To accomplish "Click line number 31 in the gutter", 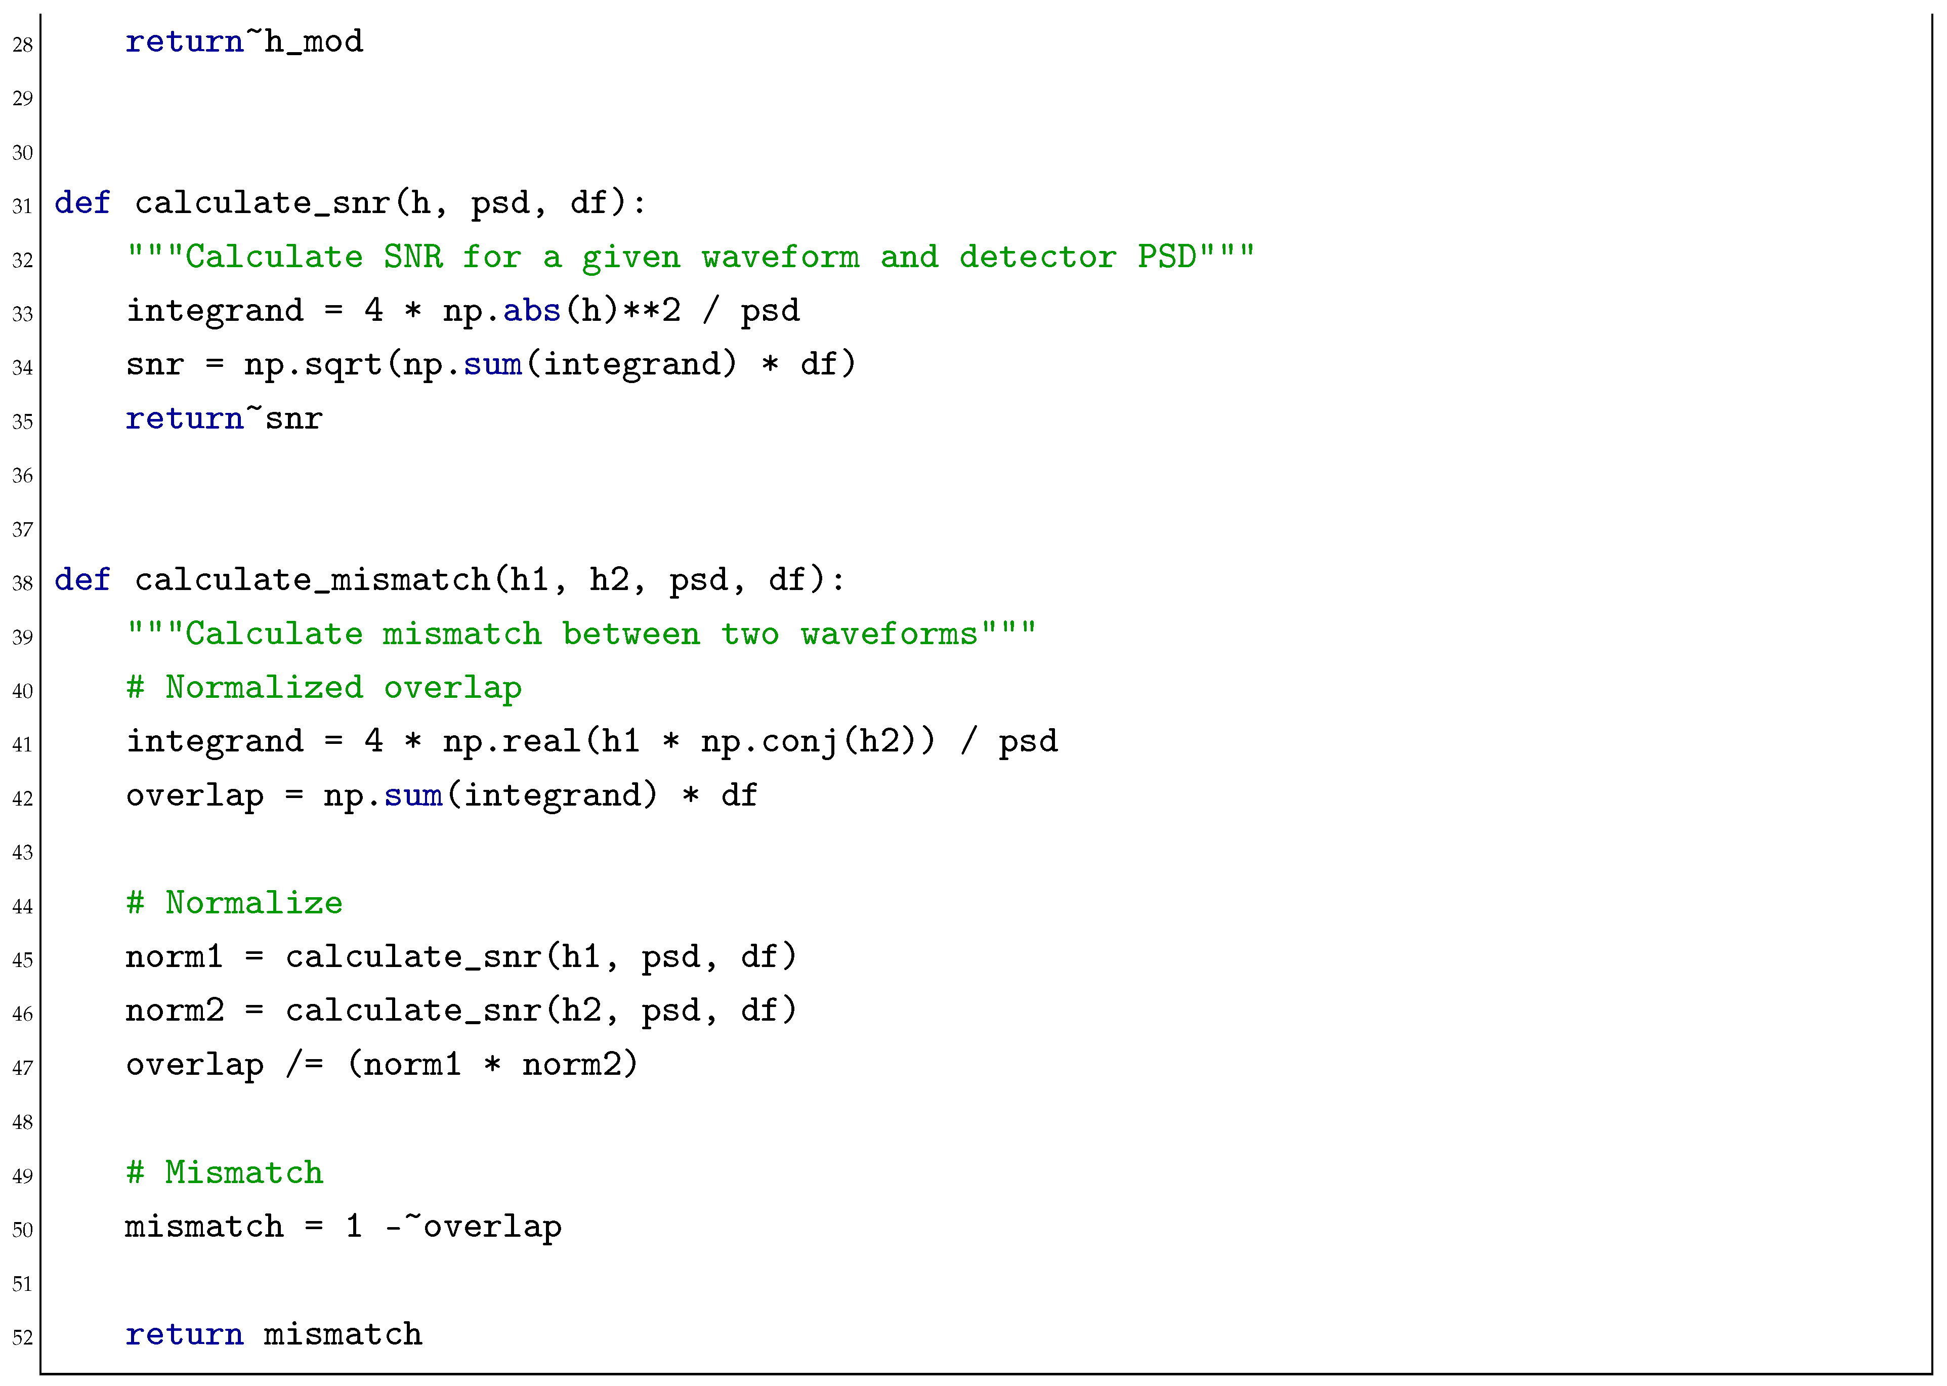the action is (22, 206).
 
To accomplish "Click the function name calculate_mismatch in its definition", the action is (312, 580).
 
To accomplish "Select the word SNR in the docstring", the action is (413, 257).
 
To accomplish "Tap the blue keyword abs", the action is (532, 311).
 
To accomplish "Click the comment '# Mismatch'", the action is (224, 1172).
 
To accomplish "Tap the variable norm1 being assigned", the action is (174, 957).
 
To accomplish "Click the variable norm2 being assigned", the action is (174, 1011).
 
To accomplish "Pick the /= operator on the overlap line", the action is (305, 1064).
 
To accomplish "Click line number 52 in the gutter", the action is (22, 1337).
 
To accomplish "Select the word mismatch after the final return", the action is (342, 1334).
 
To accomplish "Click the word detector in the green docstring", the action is (1037, 257).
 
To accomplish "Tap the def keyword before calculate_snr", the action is (82, 203).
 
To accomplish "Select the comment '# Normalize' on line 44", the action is (234, 903).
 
